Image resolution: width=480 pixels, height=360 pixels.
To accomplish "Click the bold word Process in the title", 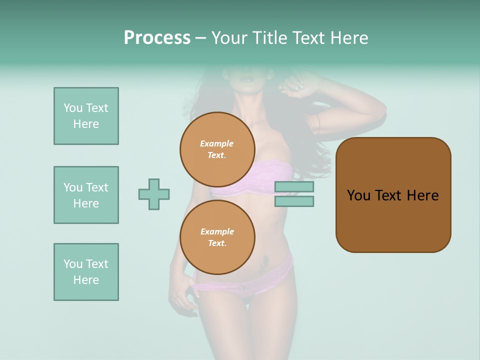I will coord(157,38).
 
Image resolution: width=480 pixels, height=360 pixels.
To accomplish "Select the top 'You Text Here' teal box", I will coord(86,116).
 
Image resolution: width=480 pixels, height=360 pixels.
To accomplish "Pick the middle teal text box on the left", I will coord(86,195).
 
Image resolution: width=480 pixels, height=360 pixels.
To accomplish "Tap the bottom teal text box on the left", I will coord(86,272).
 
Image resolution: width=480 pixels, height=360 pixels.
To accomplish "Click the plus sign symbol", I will coord(154,194).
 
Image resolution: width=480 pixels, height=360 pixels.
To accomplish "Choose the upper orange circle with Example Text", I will coord(217,149).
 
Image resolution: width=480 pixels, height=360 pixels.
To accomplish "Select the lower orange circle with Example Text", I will coord(217,237).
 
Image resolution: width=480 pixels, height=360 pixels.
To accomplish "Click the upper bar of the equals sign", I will coord(294,186).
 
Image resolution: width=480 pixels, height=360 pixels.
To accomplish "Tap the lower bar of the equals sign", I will coord(294,201).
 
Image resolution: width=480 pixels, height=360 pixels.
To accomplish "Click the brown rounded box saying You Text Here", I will coord(393,195).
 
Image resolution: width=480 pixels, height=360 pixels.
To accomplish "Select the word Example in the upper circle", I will coord(217,143).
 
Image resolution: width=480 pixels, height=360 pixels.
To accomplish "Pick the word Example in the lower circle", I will coord(217,231).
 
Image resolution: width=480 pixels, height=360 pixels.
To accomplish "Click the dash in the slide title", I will coord(201,38).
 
